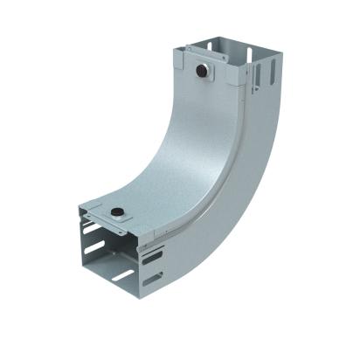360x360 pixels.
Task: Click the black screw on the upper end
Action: click(x=203, y=68)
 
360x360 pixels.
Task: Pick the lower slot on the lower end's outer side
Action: click(x=153, y=280)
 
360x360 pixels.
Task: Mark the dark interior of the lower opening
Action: click(x=114, y=262)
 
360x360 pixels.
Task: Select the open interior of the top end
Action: click(x=218, y=52)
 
